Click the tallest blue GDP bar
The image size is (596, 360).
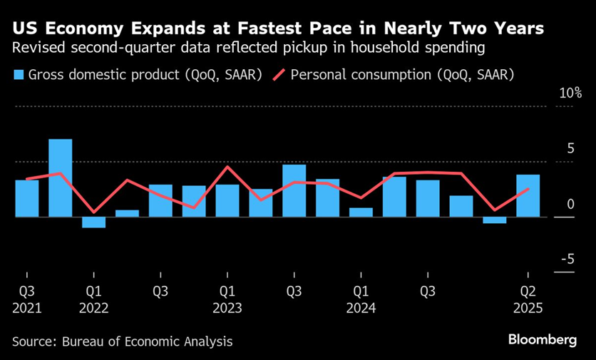60,178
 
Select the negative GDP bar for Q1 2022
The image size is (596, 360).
93,222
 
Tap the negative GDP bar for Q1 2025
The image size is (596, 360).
495,220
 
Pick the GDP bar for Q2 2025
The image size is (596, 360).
528,195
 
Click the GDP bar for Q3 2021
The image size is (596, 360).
27,198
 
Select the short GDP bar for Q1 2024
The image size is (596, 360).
361,212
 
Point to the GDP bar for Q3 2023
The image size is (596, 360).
294,190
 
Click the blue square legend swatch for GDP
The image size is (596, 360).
19,75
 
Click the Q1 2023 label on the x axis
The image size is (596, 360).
227,299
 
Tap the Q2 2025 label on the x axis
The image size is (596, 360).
528,299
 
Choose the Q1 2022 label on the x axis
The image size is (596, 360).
93,299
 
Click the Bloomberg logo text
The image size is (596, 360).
543,340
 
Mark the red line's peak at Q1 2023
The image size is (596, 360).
227,167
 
